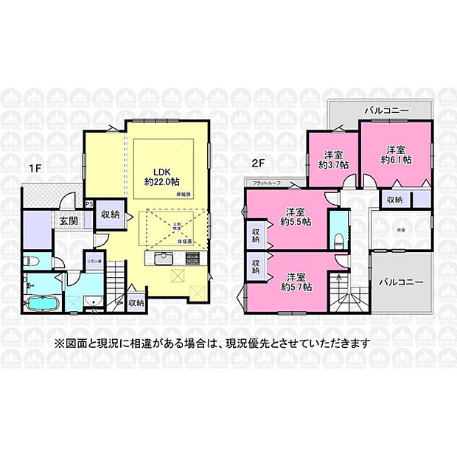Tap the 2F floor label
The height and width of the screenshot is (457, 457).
click(x=257, y=163)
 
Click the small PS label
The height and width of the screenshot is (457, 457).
click(x=88, y=204)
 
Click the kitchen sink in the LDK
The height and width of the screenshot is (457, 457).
click(x=163, y=259)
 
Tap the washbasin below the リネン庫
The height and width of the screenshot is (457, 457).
click(x=93, y=301)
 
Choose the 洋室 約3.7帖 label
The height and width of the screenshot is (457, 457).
click(x=333, y=159)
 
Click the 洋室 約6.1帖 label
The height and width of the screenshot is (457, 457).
click(x=394, y=154)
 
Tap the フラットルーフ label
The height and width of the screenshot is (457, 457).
click(x=265, y=182)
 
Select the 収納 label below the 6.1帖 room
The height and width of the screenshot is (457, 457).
click(x=394, y=199)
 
